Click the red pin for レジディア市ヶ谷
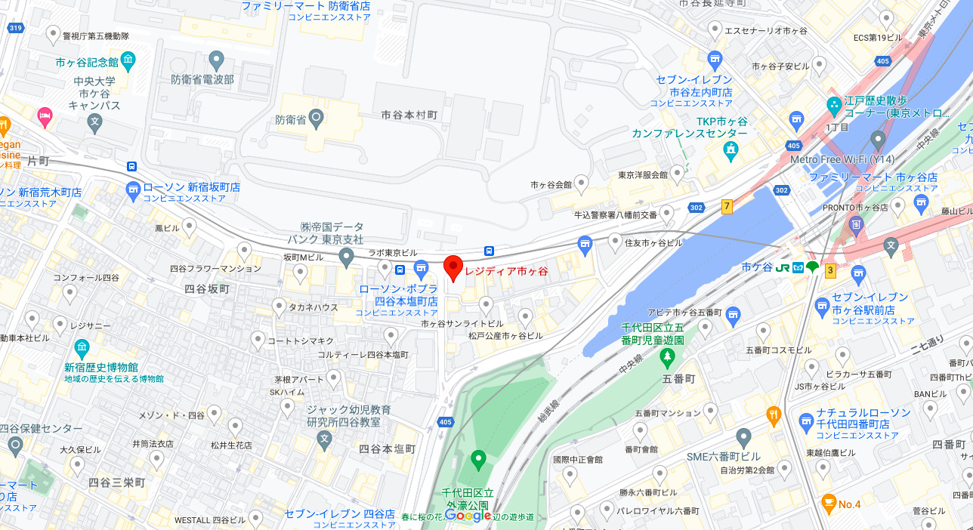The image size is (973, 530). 453,267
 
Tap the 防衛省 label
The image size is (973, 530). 289,119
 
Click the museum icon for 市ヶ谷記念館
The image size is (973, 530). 128,60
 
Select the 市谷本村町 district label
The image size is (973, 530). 409,115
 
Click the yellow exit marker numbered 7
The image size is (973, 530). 727,206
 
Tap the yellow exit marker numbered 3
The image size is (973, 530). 830,270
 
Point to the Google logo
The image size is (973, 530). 468,515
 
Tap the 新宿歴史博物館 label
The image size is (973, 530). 100,367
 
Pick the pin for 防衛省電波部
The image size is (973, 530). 217,59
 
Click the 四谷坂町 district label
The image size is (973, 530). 206,288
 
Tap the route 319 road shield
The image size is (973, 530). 14,28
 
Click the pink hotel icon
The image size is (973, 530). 45,115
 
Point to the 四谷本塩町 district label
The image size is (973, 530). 387,448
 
